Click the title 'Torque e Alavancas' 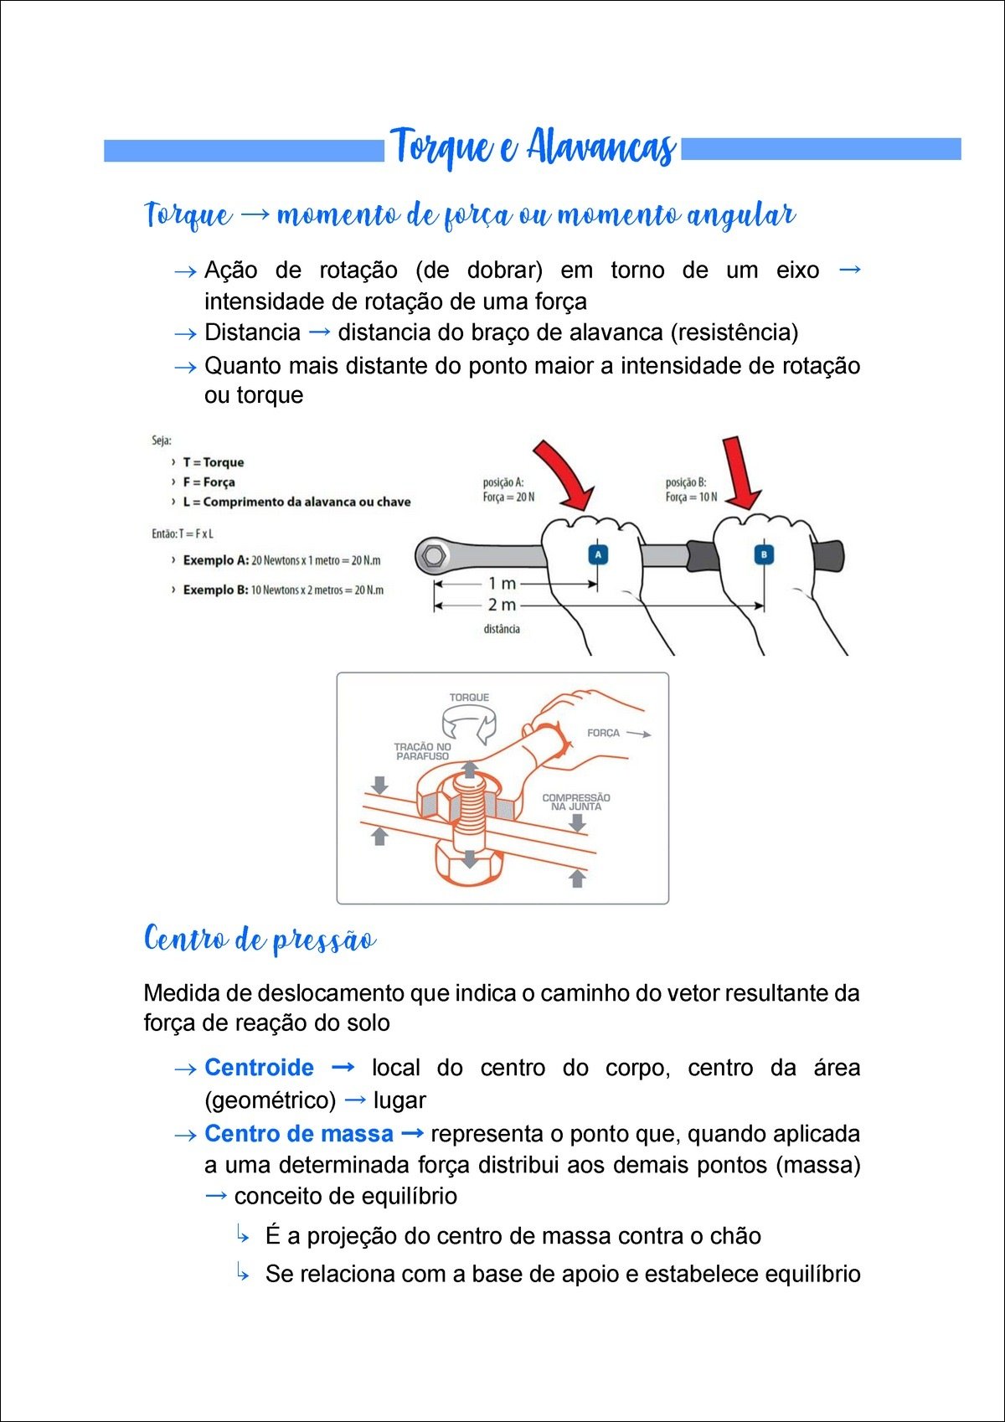click(x=533, y=147)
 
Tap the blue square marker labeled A click(x=597, y=554)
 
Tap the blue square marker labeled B click(x=764, y=554)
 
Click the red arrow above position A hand click(x=563, y=474)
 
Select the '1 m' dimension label click(x=502, y=584)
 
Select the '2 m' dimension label click(x=502, y=605)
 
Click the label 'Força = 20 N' click(x=508, y=497)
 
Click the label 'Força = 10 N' click(x=691, y=497)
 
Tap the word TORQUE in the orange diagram click(x=469, y=698)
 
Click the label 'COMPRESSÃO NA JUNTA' click(x=576, y=802)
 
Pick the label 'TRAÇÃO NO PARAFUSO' click(x=422, y=751)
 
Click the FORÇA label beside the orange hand click(x=603, y=733)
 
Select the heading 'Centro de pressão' click(x=260, y=940)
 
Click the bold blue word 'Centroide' click(x=259, y=1068)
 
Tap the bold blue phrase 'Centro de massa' click(x=298, y=1134)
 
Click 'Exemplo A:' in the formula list click(x=215, y=560)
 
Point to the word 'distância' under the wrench click(x=502, y=629)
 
